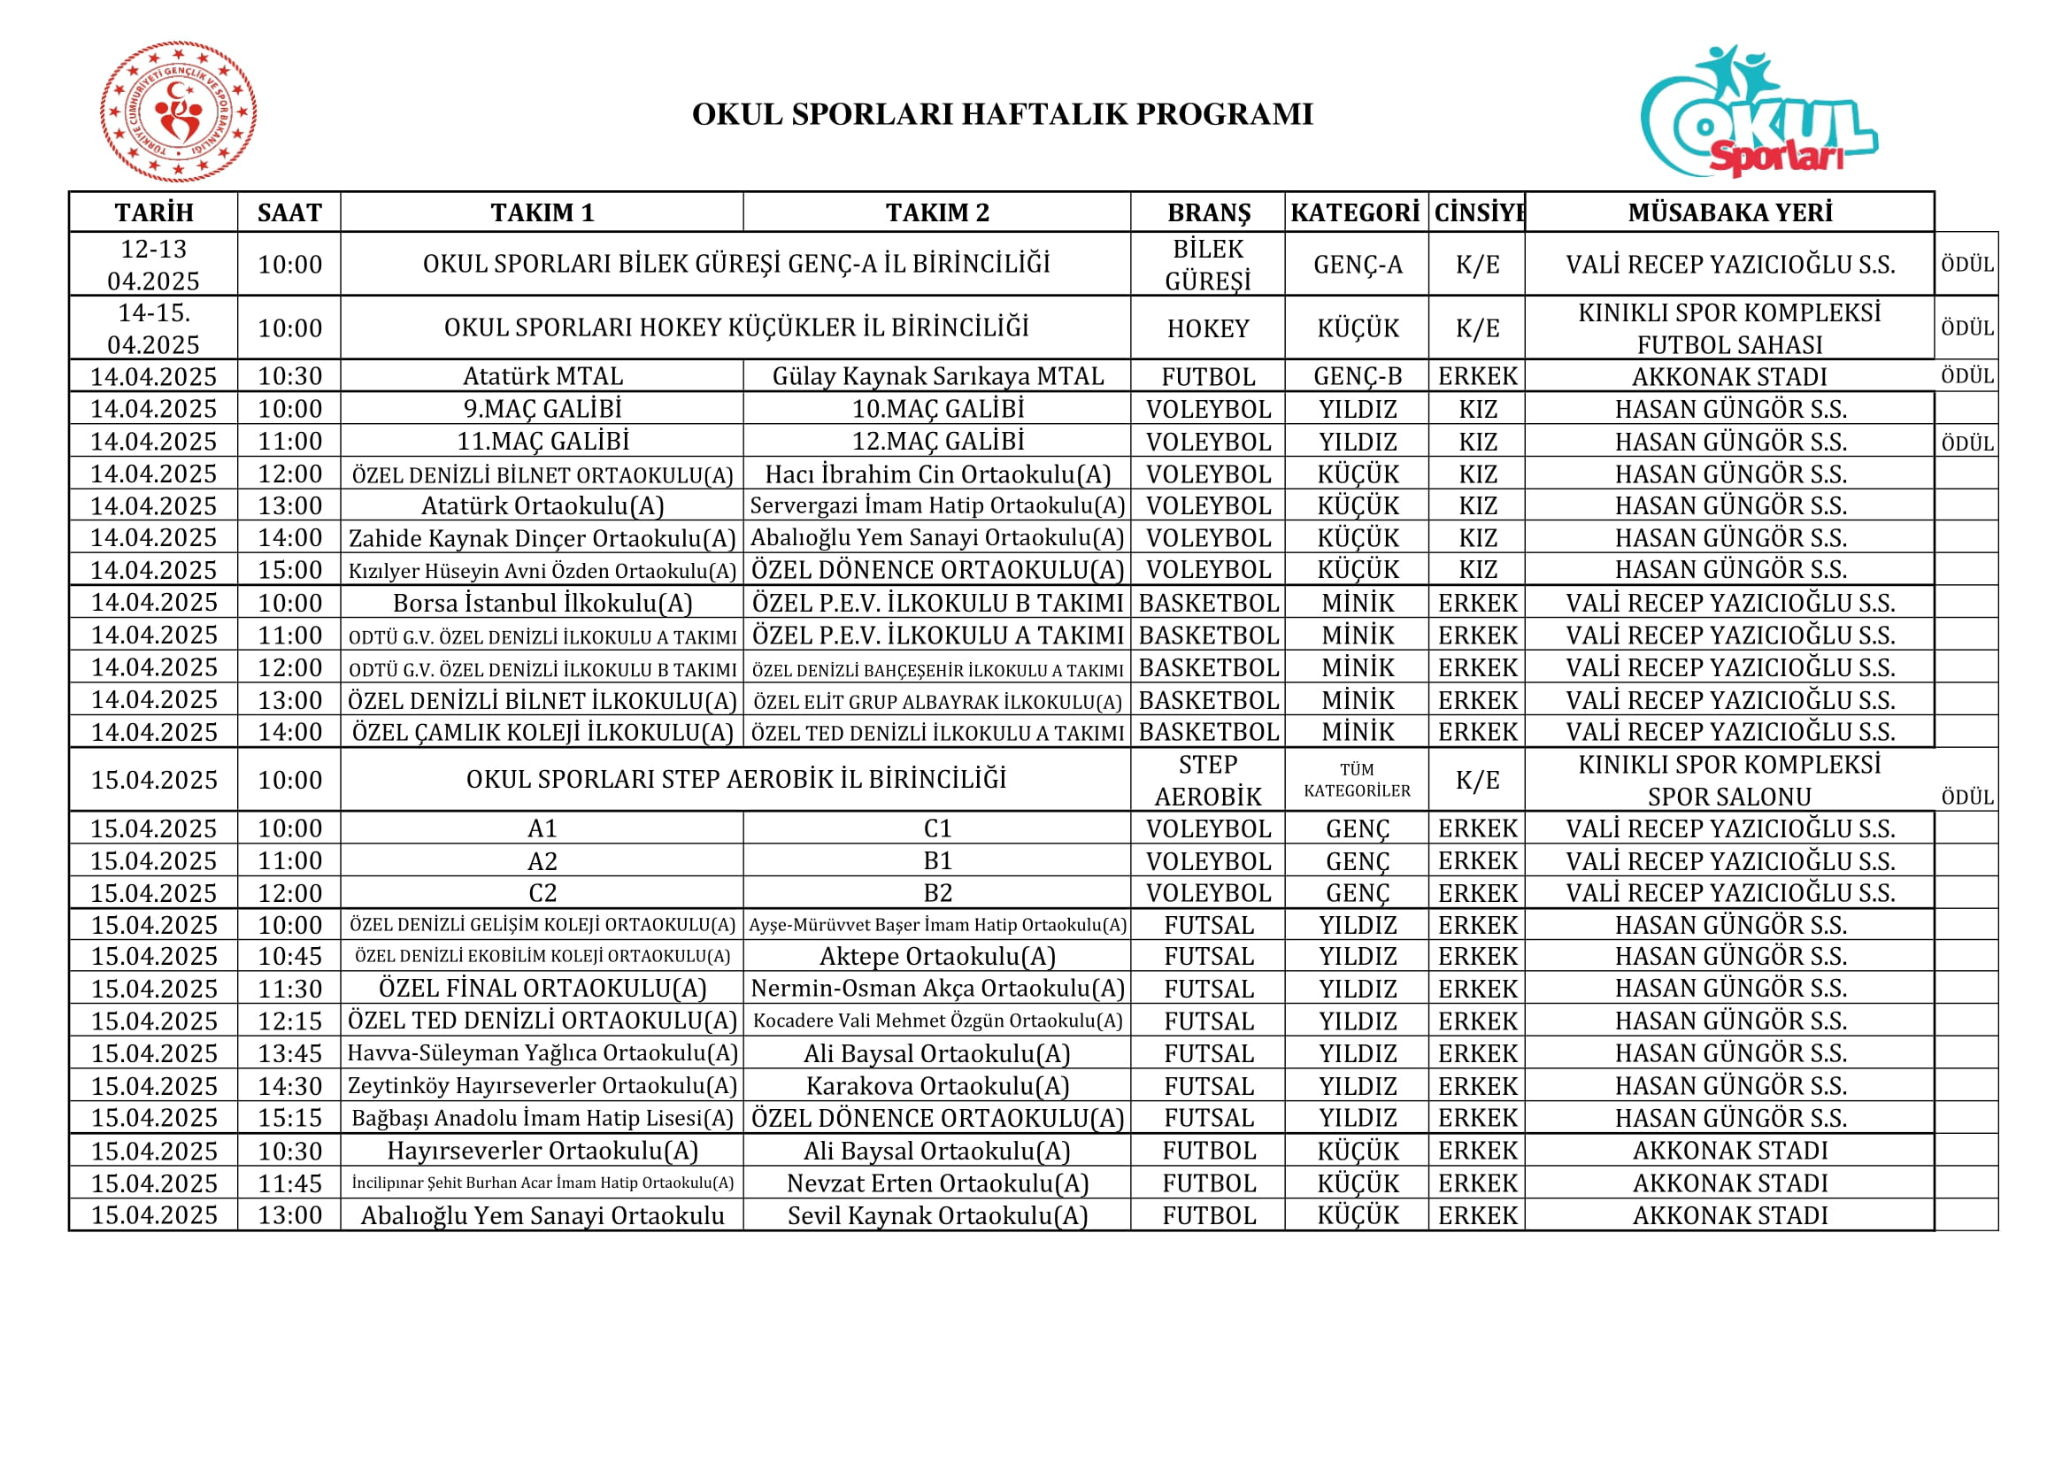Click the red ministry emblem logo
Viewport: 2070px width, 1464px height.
tap(179, 112)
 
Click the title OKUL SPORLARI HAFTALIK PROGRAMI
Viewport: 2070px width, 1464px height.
tap(1003, 114)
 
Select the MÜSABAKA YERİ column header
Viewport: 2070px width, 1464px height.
tap(1729, 212)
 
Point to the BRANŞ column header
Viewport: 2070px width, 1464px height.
tap(1208, 212)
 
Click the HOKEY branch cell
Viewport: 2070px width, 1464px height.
tap(1208, 328)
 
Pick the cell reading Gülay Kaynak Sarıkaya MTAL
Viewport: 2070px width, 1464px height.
tap(937, 376)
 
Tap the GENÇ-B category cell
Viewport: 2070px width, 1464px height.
tap(1357, 376)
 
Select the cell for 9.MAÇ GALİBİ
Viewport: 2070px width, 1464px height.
tap(542, 408)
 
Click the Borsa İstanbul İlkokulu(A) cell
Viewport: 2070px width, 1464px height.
tap(542, 602)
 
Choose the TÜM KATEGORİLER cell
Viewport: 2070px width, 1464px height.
tap(1357, 780)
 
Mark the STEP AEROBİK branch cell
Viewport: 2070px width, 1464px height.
tap(1208, 780)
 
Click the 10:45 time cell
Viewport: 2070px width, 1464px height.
tap(289, 957)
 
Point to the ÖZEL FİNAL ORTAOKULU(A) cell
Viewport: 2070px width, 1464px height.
tap(542, 989)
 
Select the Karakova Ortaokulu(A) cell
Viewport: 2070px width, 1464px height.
tap(937, 1086)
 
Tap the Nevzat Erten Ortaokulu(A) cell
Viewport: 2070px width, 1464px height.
tap(937, 1183)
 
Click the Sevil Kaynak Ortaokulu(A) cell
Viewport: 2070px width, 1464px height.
tap(937, 1215)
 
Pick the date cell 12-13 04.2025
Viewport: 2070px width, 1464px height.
tap(153, 264)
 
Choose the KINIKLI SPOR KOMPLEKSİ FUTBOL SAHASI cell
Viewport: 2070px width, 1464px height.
tap(1729, 328)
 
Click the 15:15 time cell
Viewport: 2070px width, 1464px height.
tap(289, 1118)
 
